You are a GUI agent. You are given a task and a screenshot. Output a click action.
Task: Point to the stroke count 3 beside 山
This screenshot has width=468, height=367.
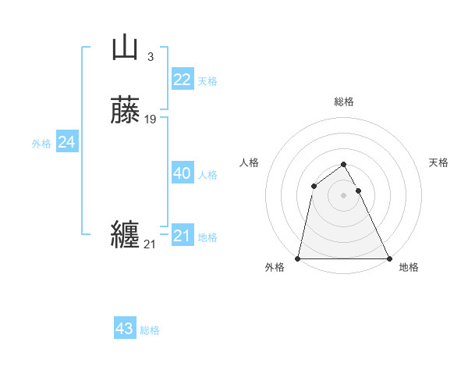(x=150, y=56)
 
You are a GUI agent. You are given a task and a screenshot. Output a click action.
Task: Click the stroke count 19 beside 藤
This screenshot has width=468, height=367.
(x=151, y=119)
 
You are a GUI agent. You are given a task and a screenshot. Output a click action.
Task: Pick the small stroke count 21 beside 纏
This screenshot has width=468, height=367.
(x=150, y=244)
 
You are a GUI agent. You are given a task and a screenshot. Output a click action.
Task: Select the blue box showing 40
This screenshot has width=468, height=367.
(x=182, y=173)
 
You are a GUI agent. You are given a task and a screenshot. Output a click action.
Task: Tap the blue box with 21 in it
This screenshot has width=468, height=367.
(x=182, y=236)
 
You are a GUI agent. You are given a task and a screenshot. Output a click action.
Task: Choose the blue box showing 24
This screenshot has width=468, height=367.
(x=66, y=142)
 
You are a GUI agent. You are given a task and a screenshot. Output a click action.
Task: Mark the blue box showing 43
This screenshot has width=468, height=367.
(x=125, y=329)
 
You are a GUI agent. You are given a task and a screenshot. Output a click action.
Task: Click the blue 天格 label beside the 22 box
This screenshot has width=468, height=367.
(x=207, y=81)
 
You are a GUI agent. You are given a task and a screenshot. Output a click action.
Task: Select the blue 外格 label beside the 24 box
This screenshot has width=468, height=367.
(x=41, y=144)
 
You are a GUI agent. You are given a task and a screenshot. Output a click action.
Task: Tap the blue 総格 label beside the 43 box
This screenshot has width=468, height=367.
(x=150, y=330)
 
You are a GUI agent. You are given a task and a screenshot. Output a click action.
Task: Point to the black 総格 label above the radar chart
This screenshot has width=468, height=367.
(x=344, y=102)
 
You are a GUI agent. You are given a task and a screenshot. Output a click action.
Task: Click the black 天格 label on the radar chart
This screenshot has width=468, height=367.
(x=439, y=162)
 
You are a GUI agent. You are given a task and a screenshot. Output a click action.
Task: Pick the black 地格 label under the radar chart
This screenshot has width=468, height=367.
(x=409, y=267)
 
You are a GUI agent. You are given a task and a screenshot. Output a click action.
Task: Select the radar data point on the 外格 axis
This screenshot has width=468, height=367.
(x=298, y=258)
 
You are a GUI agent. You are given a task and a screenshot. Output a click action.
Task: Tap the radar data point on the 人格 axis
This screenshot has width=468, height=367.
(x=314, y=185)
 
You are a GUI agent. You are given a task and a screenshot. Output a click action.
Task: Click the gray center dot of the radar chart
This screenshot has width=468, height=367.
(x=344, y=194)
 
